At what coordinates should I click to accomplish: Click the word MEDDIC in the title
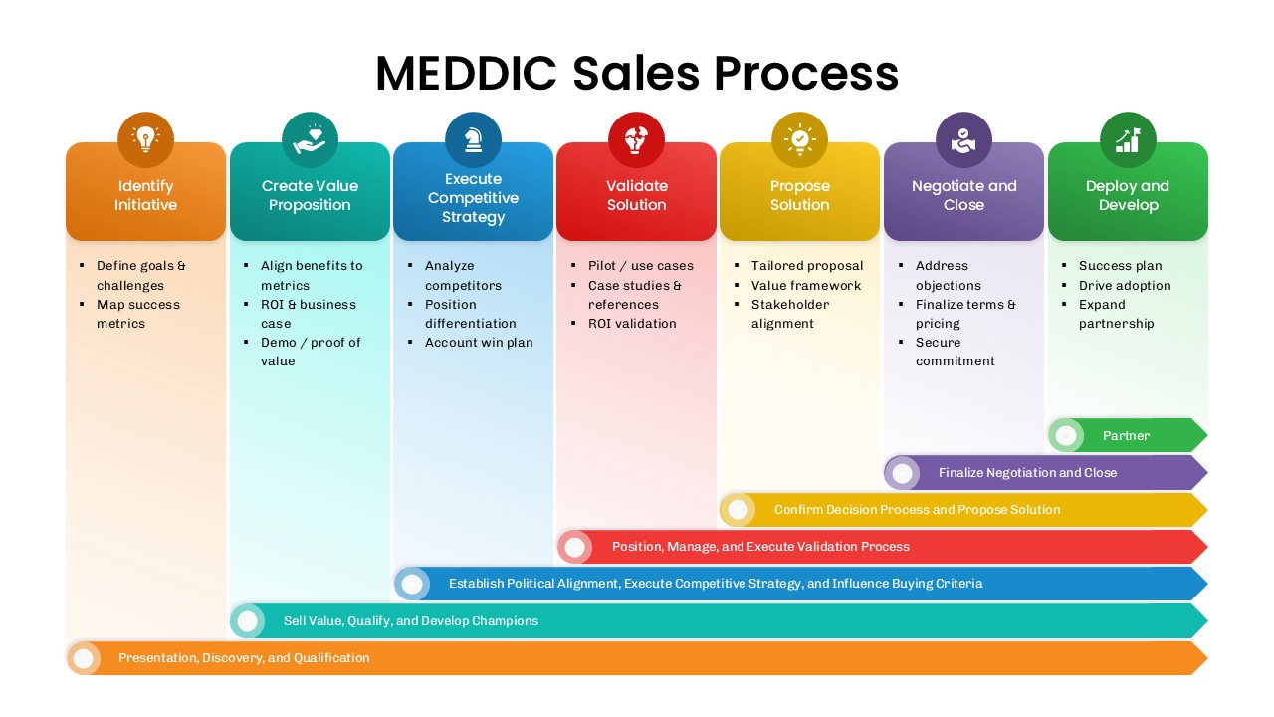(x=466, y=74)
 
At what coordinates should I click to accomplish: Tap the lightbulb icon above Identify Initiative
(x=145, y=139)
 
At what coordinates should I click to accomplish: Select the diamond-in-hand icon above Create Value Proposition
(x=310, y=139)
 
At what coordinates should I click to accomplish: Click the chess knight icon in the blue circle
(x=473, y=139)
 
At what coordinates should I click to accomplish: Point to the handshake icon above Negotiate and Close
(x=963, y=139)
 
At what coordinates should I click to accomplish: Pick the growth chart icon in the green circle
(x=1128, y=139)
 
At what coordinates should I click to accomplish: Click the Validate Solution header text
(x=636, y=195)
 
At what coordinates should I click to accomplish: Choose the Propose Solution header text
(x=799, y=195)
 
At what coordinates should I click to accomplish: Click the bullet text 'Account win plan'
(x=479, y=343)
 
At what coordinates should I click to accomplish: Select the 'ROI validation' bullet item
(x=632, y=324)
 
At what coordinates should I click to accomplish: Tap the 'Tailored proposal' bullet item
(x=807, y=266)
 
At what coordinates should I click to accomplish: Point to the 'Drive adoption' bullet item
(x=1125, y=286)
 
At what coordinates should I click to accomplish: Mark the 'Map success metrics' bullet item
(x=137, y=314)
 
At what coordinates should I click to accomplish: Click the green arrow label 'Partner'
(x=1126, y=436)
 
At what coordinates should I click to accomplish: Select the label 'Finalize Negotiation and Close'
(x=1027, y=473)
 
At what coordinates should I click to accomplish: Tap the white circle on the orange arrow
(x=84, y=658)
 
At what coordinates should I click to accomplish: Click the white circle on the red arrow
(x=574, y=547)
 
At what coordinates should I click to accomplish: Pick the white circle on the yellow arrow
(x=738, y=510)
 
